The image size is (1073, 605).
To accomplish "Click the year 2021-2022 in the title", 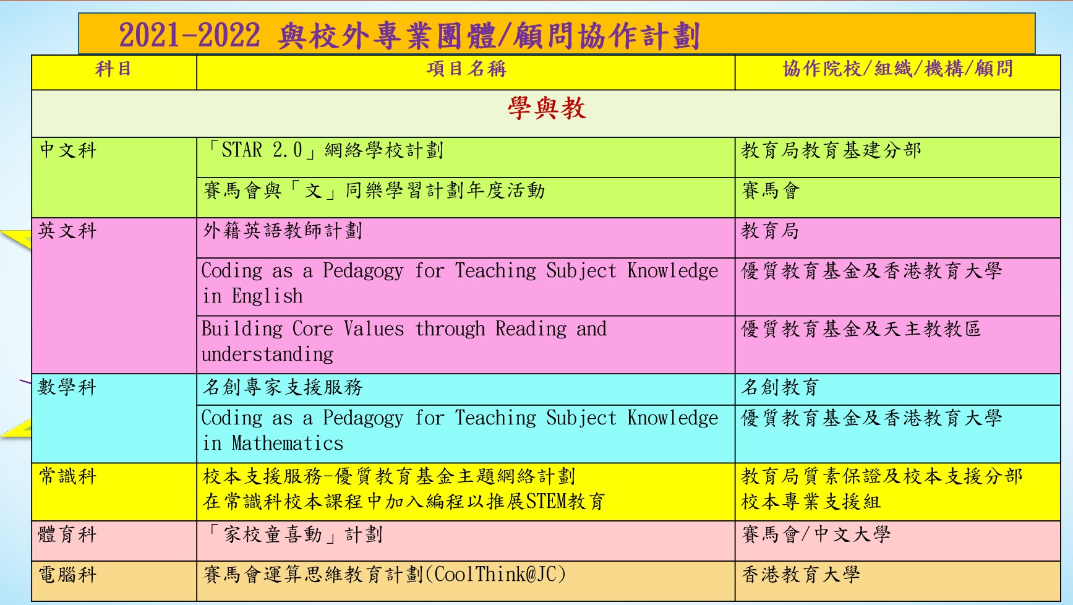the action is [x=189, y=35].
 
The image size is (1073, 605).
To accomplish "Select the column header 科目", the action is [x=113, y=69].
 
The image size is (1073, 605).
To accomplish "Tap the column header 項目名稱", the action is [x=466, y=69].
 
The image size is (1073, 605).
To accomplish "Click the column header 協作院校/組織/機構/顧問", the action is [x=897, y=69].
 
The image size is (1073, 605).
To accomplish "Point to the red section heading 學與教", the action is [x=547, y=108].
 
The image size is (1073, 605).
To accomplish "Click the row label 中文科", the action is [x=68, y=150].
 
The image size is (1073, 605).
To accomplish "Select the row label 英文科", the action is [x=68, y=231].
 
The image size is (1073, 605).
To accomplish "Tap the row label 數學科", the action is [x=68, y=387].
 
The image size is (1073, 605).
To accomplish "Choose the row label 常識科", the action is [x=68, y=476].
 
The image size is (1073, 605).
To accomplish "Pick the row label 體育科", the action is [x=68, y=534].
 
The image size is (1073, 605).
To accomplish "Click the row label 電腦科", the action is [x=68, y=575].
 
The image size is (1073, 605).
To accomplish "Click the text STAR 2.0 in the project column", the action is [x=262, y=150].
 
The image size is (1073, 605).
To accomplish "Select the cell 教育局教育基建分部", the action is [x=831, y=150].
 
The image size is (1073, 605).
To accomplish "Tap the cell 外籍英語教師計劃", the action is [x=283, y=231].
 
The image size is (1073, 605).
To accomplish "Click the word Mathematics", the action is [x=288, y=443].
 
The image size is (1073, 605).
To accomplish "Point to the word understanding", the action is [x=267, y=354].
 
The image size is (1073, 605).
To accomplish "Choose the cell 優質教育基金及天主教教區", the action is [x=861, y=328].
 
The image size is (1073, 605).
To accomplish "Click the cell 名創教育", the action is [x=780, y=387].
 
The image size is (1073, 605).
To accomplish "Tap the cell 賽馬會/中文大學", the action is [x=816, y=534].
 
